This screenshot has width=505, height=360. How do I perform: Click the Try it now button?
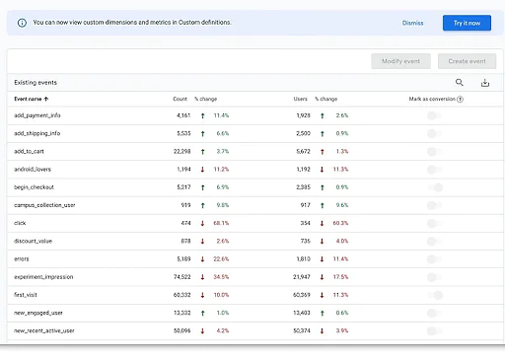(467, 22)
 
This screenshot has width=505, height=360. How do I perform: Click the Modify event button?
(400, 61)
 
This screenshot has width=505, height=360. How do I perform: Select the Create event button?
(467, 61)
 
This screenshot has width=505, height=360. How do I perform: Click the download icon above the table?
(484, 84)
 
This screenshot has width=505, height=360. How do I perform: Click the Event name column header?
(32, 99)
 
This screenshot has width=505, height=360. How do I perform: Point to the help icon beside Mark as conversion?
(460, 99)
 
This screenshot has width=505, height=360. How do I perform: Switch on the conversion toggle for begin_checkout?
(434, 187)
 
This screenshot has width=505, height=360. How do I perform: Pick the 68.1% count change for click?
(221, 223)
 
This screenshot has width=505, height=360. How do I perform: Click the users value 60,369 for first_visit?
(299, 294)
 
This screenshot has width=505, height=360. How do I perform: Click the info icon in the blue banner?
(23, 22)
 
